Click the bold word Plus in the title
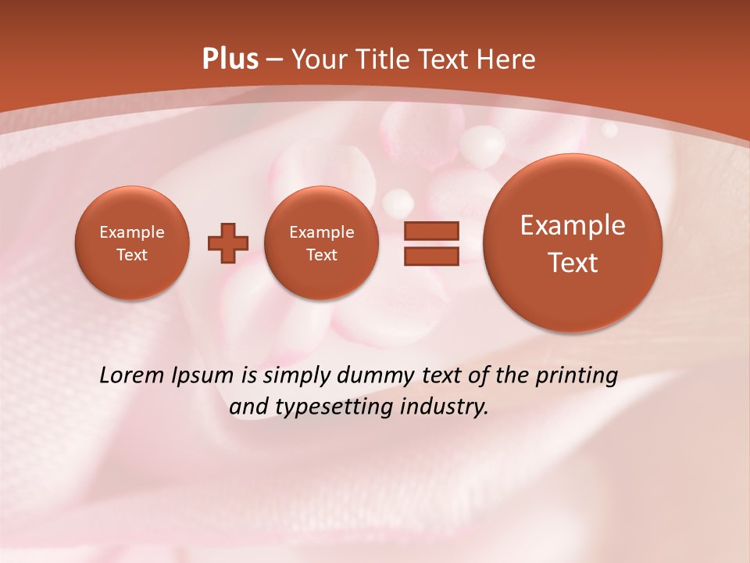[230, 59]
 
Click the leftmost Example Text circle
[132, 243]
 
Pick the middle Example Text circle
[322, 243]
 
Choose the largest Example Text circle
[573, 243]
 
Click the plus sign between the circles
[228, 243]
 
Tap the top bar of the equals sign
[430, 230]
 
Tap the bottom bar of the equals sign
[430, 256]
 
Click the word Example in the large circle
[573, 225]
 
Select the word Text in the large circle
[573, 263]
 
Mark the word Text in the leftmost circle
[132, 255]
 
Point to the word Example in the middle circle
[322, 232]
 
